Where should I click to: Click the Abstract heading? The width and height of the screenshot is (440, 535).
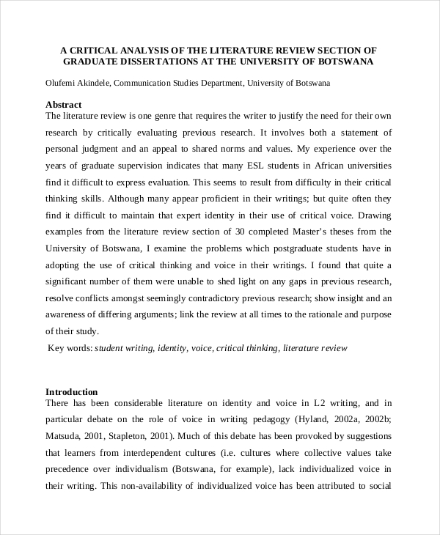click(64, 105)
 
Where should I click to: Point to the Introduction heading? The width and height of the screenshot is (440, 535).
click(71, 391)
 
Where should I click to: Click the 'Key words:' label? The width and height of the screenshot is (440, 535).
click(70, 348)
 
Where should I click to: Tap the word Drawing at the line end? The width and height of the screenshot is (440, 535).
click(375, 215)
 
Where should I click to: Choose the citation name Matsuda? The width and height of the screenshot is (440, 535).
click(63, 436)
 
